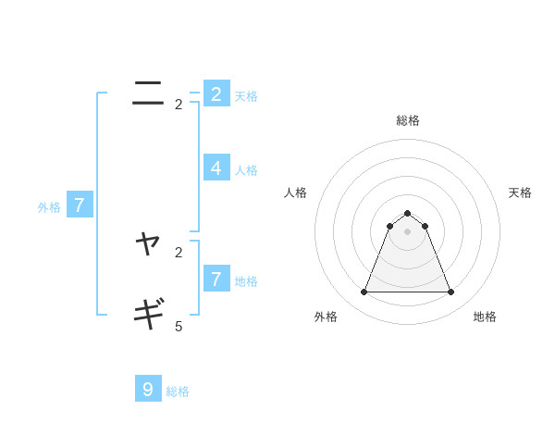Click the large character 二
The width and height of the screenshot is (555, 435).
(148, 93)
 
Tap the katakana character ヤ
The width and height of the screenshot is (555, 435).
(148, 245)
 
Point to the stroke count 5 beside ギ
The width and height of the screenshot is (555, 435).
(179, 326)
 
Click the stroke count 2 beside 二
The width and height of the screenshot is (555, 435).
(179, 105)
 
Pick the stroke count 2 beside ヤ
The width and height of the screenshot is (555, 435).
(179, 252)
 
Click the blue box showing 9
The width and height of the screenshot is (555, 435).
(148, 389)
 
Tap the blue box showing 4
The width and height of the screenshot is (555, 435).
(216, 168)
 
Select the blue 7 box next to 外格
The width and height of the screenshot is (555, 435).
(80, 205)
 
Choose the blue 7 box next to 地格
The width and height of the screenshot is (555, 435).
(216, 278)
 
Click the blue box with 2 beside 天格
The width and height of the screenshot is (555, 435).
(216, 93)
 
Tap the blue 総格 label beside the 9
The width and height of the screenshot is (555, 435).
(178, 391)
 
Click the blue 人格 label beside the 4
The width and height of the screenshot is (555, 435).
(246, 170)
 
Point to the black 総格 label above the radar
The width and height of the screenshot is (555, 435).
(407, 120)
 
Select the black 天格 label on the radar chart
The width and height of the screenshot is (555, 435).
(520, 193)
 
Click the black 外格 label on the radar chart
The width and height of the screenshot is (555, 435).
(326, 317)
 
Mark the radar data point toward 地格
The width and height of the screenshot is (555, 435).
(450, 292)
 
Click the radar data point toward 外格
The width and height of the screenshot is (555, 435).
(364, 292)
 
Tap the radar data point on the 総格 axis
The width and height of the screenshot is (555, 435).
(407, 214)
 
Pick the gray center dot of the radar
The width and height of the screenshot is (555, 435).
(407, 231)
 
